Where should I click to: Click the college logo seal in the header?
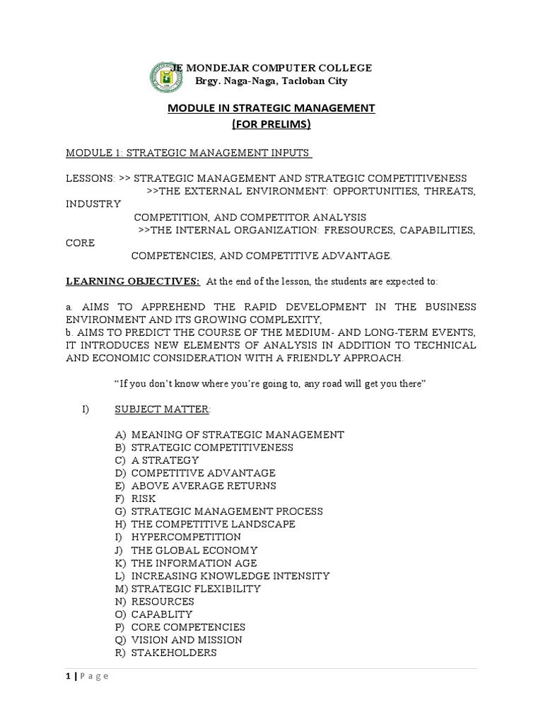point(168,75)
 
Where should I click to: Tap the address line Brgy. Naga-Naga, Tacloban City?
point(271,81)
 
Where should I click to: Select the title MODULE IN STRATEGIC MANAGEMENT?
point(271,108)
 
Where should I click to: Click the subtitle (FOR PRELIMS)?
point(271,124)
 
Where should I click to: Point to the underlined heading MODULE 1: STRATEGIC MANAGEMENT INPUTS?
point(189,153)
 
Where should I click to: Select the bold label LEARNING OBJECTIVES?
point(134,281)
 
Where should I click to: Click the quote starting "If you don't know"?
point(271,383)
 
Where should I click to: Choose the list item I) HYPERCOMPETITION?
point(177,537)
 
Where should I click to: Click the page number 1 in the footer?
point(68,677)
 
